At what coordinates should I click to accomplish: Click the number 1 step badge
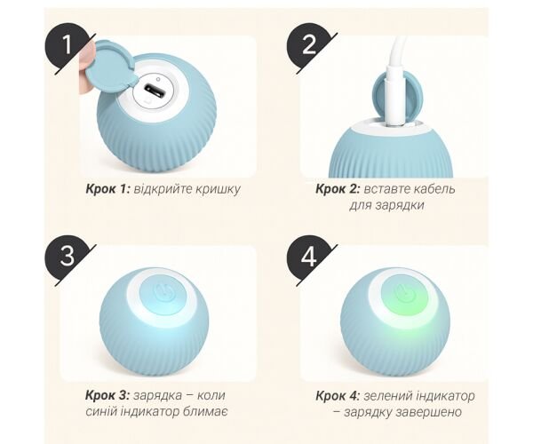pyautogui.click(x=66, y=45)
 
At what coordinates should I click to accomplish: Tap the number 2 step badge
pyautogui.click(x=307, y=45)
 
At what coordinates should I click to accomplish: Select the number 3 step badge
pyautogui.click(x=67, y=256)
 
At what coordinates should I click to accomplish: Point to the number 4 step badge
pyautogui.click(x=307, y=256)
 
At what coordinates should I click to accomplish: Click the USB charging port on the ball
pyautogui.click(x=155, y=91)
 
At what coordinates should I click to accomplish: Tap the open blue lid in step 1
pyautogui.click(x=108, y=65)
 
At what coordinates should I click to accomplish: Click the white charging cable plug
pyautogui.click(x=395, y=99)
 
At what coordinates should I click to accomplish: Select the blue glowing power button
pyautogui.click(x=163, y=293)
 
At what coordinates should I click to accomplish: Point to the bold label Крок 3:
pyautogui.click(x=107, y=395)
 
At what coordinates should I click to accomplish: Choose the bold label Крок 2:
pyautogui.click(x=338, y=189)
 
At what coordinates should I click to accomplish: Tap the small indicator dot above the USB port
pyautogui.click(x=158, y=79)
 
